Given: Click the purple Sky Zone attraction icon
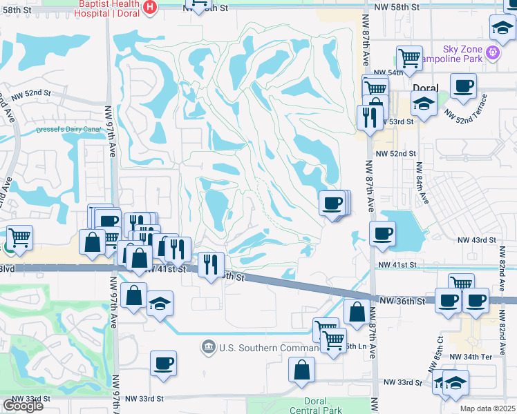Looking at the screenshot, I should (492, 52).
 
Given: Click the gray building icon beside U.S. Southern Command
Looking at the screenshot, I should (208, 347).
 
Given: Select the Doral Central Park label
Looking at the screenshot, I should (323, 406).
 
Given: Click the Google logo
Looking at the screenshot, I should (23, 405).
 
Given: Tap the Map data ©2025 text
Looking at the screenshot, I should (487, 408).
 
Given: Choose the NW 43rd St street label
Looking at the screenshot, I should (476, 239).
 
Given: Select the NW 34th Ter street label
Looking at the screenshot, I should (471, 357).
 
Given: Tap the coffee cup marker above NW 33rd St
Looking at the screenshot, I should (163, 362).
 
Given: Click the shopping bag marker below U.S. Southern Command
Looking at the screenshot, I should (302, 370).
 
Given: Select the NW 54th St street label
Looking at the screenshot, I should (388, 72).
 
